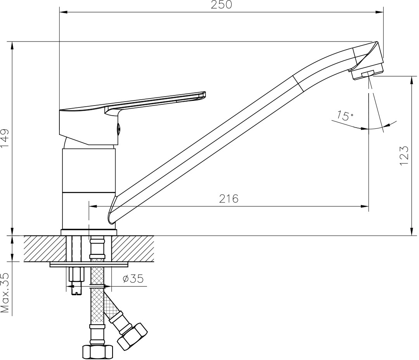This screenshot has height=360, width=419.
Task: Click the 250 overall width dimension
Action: [221, 5]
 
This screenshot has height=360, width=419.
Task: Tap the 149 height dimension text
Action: [5, 138]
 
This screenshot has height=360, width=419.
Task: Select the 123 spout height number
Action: [404, 156]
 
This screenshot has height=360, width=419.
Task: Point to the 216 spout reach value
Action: [229, 199]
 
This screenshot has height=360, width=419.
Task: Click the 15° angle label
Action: [345, 116]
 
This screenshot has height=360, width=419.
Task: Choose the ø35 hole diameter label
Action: [133, 279]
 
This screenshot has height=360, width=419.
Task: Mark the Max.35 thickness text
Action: [5, 293]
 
